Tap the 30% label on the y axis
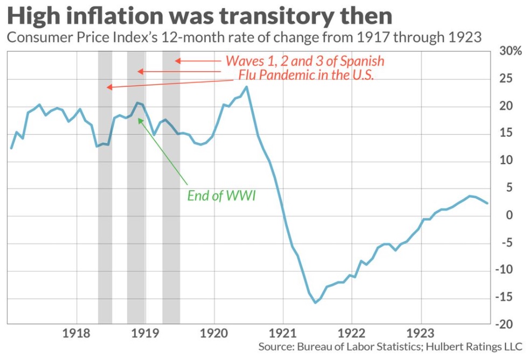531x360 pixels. [x=511, y=52]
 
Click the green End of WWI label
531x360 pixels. [x=222, y=196]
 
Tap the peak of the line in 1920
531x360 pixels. [x=246, y=87]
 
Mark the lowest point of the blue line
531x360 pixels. [x=315, y=302]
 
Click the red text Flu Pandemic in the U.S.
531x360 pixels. [x=306, y=75]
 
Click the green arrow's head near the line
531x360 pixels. [x=140, y=120]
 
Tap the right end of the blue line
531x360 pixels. [x=488, y=203]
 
